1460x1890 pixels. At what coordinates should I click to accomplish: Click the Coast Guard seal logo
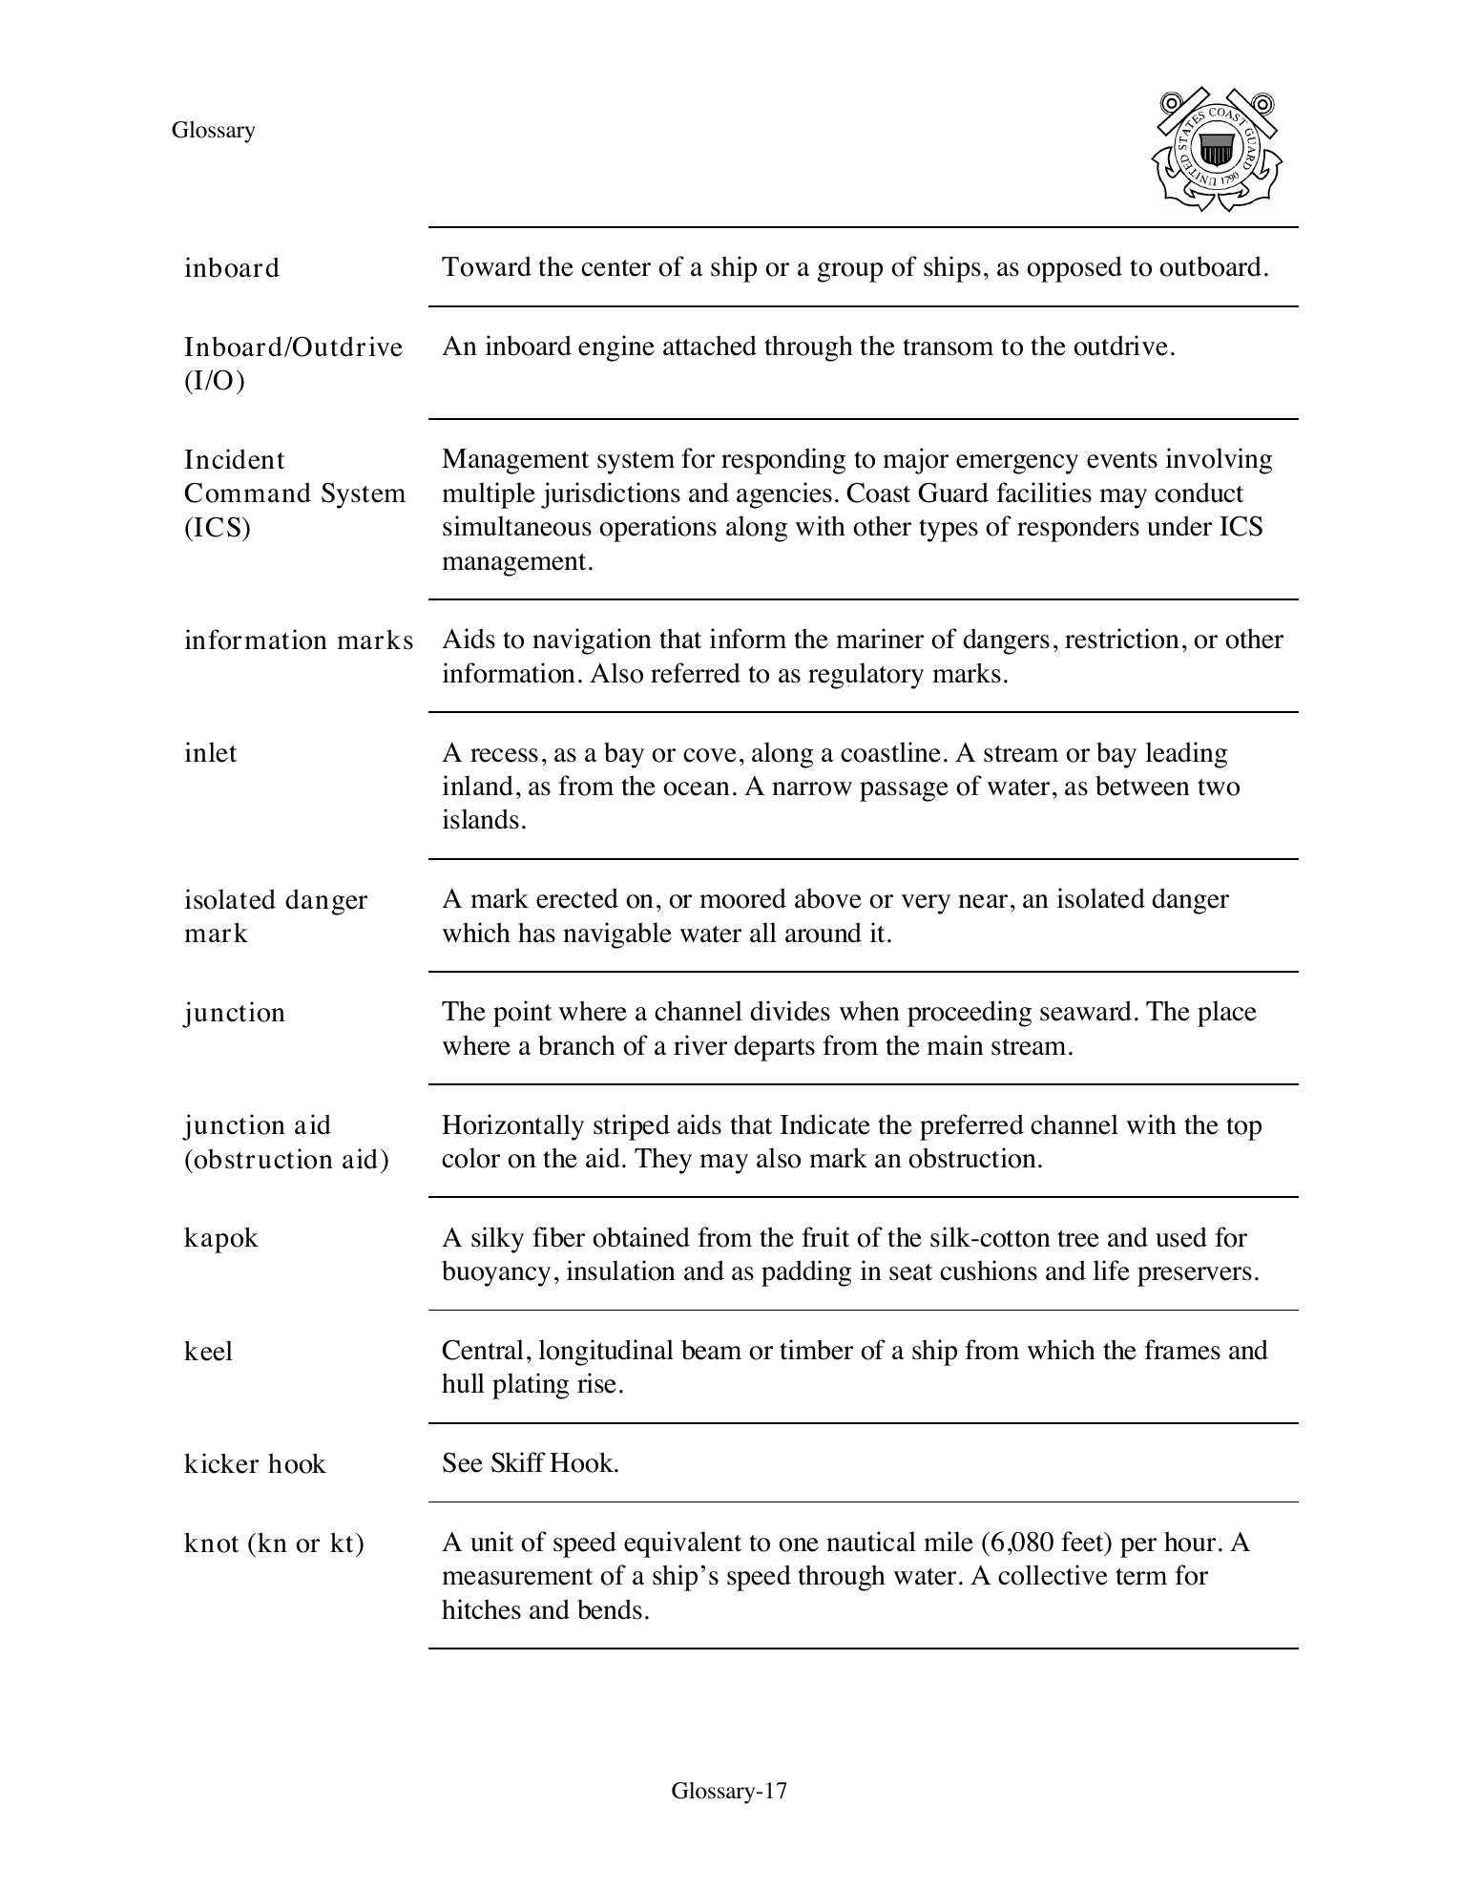[1217, 150]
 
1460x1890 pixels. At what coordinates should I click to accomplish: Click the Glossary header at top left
[213, 131]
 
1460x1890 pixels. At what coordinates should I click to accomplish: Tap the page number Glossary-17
[729, 1791]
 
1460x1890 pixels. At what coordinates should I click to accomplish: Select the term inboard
[232, 268]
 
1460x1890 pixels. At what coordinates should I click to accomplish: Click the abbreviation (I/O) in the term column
[215, 381]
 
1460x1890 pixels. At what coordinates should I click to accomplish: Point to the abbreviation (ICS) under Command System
[218, 528]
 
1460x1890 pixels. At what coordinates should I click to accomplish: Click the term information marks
[299, 640]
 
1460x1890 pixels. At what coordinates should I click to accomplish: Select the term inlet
[211, 753]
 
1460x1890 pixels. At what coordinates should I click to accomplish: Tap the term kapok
[221, 1238]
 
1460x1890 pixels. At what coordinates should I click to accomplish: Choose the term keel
[209, 1352]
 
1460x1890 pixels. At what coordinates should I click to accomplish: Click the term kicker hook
[255, 1464]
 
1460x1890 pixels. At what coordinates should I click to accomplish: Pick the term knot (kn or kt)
[274, 1543]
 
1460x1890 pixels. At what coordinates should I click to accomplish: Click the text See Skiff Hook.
[531, 1463]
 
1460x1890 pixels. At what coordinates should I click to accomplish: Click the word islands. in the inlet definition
[484, 821]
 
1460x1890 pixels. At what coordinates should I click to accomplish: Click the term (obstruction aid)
[286, 1160]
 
